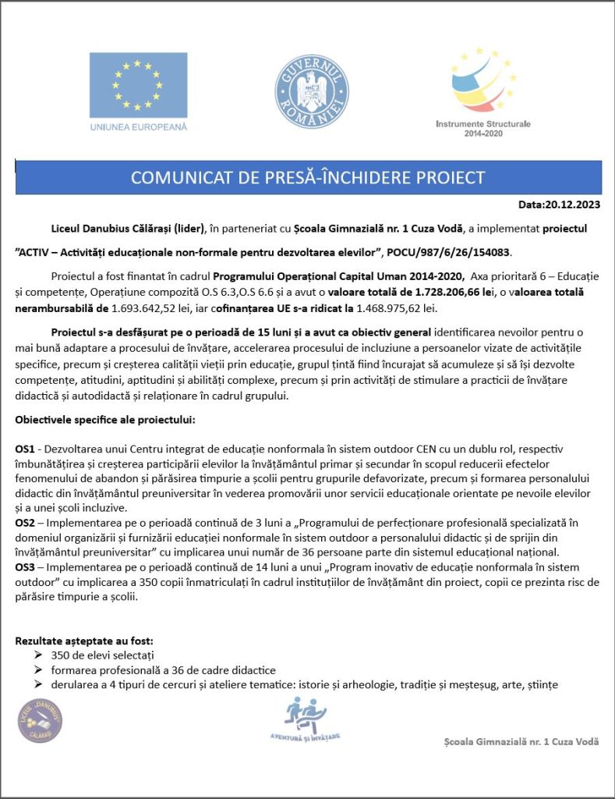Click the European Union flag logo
(x=138, y=85)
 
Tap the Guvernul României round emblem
(x=312, y=91)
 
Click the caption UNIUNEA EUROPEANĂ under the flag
(x=138, y=126)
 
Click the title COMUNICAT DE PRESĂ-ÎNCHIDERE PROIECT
(x=308, y=177)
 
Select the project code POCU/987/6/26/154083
(x=445, y=253)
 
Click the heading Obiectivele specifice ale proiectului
(x=105, y=420)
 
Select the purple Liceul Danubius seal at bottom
(x=40, y=720)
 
